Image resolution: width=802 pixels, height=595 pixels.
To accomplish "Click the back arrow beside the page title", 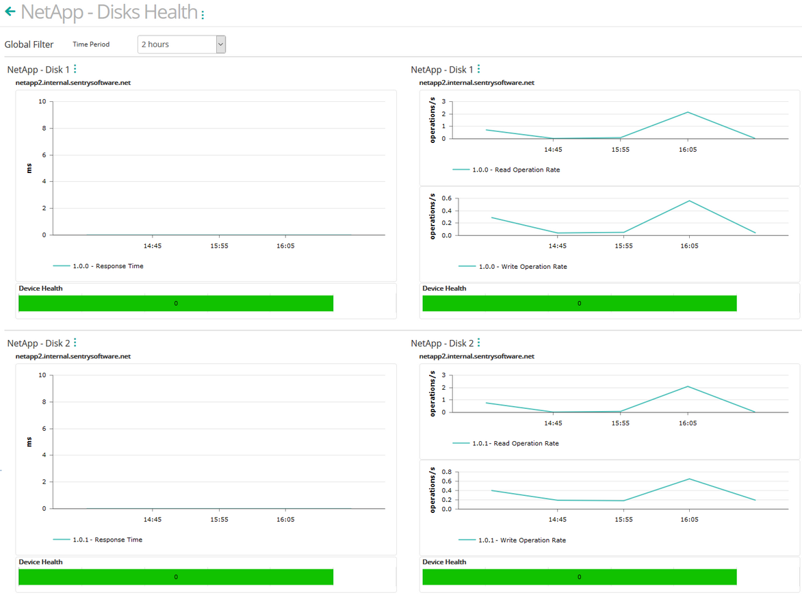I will tap(10, 12).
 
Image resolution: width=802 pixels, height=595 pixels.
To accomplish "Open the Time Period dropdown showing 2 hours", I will tap(181, 44).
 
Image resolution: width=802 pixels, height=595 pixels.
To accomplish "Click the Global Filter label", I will tap(29, 44).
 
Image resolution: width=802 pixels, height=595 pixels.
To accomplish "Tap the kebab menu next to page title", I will tap(203, 14).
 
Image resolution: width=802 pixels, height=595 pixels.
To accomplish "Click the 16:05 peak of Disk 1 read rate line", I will tap(688, 112).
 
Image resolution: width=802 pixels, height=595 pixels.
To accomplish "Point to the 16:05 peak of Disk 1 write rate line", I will tap(689, 200).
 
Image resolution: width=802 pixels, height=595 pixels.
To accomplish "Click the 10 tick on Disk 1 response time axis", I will tap(42, 101).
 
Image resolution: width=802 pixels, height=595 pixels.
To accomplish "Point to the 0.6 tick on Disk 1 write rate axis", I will tap(447, 198).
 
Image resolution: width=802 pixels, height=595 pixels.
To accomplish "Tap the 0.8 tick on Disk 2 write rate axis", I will tap(447, 472).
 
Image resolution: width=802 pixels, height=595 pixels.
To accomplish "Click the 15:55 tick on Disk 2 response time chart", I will tap(219, 520).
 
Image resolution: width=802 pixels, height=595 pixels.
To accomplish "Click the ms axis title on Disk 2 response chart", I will tap(29, 442).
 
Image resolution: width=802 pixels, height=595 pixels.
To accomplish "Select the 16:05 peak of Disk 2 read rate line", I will tap(688, 386).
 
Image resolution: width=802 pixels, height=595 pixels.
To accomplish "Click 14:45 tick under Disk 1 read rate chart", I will tap(553, 149).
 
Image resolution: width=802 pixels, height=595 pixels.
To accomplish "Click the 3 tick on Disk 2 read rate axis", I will tap(444, 375).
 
